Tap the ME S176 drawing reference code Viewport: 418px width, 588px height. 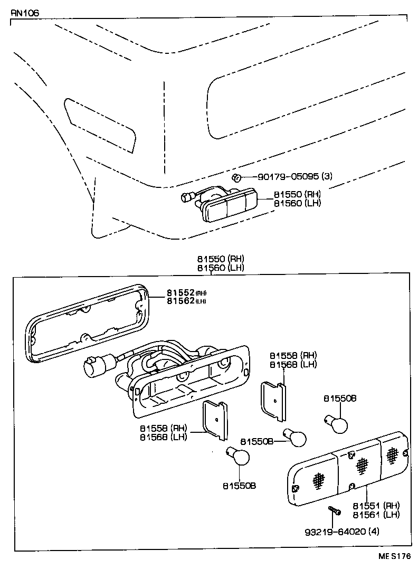(393, 556)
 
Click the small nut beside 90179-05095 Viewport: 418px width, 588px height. (238, 177)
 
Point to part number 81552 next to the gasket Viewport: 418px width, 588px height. (180, 293)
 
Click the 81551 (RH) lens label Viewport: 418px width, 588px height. (376, 505)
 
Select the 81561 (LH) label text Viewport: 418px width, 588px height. (376, 514)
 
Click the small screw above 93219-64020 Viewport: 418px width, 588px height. (333, 510)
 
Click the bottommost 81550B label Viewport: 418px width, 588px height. (239, 485)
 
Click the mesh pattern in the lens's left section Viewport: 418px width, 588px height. (318, 479)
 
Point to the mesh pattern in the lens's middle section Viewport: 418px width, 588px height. (361, 464)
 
